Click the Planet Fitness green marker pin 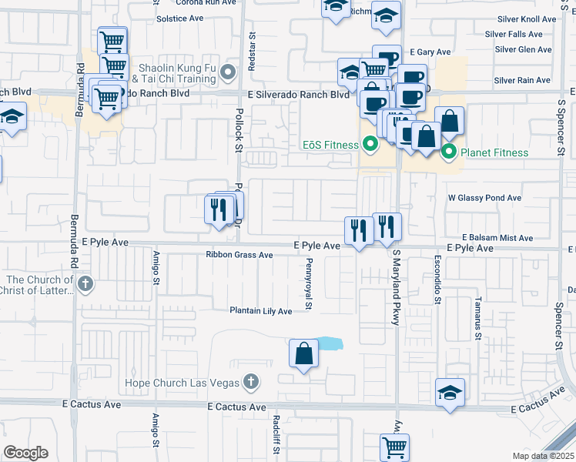449,152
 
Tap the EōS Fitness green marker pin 370,144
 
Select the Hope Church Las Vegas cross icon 249,382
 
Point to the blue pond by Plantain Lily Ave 329,343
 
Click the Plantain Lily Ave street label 260,311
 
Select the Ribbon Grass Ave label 239,255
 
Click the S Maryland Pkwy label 396,286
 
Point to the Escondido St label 437,280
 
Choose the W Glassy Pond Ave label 485,198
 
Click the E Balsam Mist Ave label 497,239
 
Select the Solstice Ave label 179,18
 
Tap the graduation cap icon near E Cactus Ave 450,393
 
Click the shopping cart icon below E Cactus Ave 394,446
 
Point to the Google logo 26,453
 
